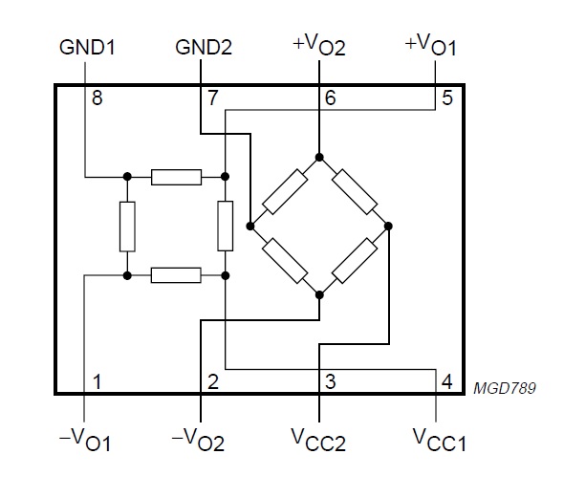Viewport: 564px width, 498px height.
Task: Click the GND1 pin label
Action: tap(87, 47)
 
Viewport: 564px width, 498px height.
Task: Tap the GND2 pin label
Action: tap(204, 47)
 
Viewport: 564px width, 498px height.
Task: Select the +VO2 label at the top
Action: tap(319, 45)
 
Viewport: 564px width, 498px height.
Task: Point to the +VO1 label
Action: tap(430, 45)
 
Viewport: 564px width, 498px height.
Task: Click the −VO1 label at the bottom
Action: tap(85, 440)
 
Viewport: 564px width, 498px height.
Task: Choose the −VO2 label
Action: tap(198, 440)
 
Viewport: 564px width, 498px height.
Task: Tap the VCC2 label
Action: tap(318, 440)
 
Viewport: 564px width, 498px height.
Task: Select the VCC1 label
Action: tap(439, 440)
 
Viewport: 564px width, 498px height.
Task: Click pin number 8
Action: tap(98, 97)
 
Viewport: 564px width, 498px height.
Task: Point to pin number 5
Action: tap(447, 97)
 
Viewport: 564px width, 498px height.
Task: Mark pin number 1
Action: tap(97, 381)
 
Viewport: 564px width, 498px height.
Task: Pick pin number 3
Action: tap(330, 381)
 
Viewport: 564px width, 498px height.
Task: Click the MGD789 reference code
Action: tap(505, 388)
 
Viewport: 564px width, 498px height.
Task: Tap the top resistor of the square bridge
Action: tap(176, 177)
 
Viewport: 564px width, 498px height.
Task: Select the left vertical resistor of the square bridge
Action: tap(127, 227)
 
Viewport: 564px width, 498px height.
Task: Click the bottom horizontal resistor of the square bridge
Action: tap(176, 275)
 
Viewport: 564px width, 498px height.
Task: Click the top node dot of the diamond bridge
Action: tap(319, 157)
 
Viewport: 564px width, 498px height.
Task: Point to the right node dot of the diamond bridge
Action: tap(388, 227)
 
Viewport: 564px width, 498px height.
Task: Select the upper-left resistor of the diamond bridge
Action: tap(285, 192)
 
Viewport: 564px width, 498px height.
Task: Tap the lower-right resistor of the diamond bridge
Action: tap(355, 261)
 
